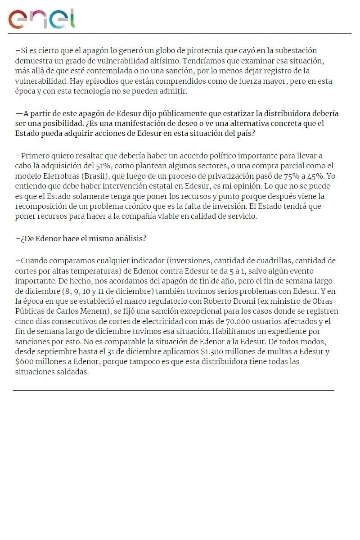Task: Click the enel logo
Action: pyautogui.click(x=41, y=18)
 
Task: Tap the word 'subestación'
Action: pyautogui.click(x=296, y=50)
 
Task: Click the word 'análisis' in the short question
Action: pyautogui.click(x=130, y=238)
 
